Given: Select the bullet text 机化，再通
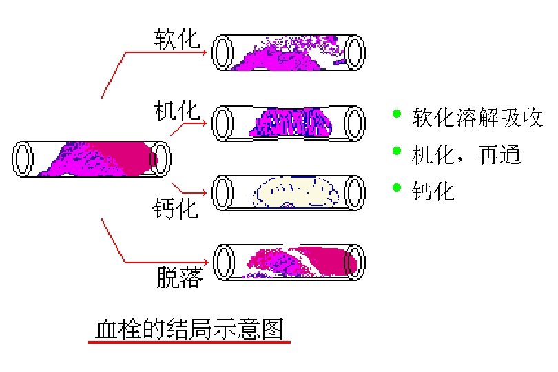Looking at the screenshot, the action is pos(466,154).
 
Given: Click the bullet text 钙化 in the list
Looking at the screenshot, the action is pos(433,191).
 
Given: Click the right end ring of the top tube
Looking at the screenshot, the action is pos(355,52).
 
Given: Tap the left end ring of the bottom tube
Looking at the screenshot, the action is pos(223,262).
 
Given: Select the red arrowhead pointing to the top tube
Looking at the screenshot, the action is pos(205,52).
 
